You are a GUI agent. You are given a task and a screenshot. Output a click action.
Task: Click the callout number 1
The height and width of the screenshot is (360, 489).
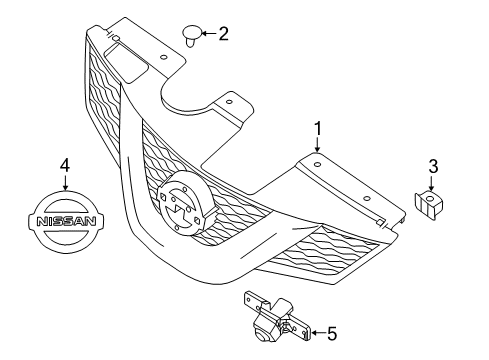(x=318, y=128)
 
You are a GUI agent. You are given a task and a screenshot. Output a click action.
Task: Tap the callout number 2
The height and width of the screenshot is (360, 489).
(x=223, y=34)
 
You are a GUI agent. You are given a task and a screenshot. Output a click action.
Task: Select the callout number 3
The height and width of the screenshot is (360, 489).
(x=432, y=166)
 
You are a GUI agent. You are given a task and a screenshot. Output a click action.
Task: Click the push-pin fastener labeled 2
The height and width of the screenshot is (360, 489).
(x=191, y=37)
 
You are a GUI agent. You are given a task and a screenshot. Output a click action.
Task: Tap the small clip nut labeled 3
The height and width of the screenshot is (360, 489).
(x=429, y=205)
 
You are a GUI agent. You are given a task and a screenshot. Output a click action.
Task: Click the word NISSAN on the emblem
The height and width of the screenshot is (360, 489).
(x=67, y=226)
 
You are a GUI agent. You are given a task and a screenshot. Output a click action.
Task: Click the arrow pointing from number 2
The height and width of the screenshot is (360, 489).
(x=207, y=35)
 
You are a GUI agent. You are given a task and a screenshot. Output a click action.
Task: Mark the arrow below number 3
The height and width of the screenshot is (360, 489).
(x=432, y=183)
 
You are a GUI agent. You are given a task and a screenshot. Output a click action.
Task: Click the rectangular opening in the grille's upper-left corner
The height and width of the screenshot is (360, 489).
(x=129, y=71)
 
